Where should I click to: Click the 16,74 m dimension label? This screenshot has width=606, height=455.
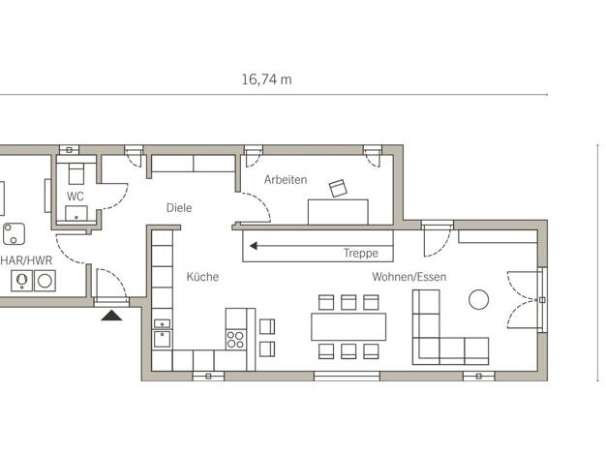click(x=266, y=79)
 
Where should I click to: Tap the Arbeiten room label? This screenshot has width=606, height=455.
click(x=286, y=180)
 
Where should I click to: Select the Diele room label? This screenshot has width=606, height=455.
click(x=179, y=208)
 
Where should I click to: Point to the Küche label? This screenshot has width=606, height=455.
click(x=202, y=277)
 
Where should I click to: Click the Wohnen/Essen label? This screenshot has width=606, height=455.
click(x=409, y=277)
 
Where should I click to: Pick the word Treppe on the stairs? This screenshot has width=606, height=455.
click(x=361, y=254)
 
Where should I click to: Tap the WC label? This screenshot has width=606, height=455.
click(x=75, y=197)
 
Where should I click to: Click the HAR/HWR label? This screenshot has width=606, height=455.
click(x=26, y=260)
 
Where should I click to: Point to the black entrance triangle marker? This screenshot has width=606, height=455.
click(x=111, y=316)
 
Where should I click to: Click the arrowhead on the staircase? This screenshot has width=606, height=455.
click(x=254, y=246)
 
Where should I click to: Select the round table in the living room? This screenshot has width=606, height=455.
click(x=478, y=299)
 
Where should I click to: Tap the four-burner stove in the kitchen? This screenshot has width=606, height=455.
click(x=236, y=340)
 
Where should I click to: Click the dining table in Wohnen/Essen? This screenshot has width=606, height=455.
click(x=348, y=326)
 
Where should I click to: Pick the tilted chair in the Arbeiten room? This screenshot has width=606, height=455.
click(x=338, y=188)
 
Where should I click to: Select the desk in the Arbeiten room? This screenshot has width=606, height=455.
click(x=338, y=212)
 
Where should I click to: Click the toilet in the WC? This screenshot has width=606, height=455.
click(x=76, y=173)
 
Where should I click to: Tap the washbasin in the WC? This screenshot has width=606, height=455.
click(x=76, y=213)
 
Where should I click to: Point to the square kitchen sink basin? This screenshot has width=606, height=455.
click(x=162, y=340)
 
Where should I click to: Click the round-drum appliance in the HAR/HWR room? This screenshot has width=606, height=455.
click(x=45, y=281)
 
